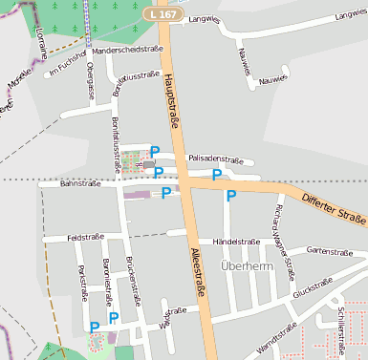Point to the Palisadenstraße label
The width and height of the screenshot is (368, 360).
216,159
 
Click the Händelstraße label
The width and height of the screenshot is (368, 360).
235,242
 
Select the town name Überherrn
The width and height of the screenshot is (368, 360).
247,266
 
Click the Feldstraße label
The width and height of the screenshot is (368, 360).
85,237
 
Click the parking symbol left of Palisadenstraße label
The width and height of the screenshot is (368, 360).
155,151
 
